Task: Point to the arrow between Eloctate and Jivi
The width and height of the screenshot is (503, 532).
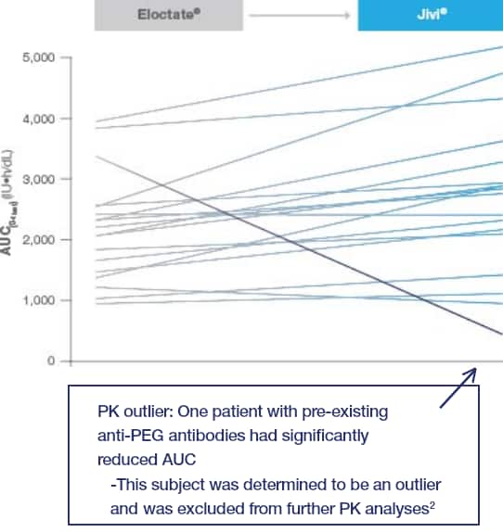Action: click(x=301, y=15)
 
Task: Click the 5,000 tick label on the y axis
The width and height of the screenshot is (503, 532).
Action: click(x=36, y=57)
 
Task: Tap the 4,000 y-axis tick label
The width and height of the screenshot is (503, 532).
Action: click(x=36, y=119)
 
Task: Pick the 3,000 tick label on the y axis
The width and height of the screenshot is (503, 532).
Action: click(x=36, y=179)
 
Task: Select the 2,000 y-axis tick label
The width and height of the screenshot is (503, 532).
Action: click(x=36, y=240)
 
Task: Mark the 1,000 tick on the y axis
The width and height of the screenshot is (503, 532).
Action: click(x=36, y=301)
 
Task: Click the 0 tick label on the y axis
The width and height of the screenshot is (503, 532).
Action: click(x=48, y=361)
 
